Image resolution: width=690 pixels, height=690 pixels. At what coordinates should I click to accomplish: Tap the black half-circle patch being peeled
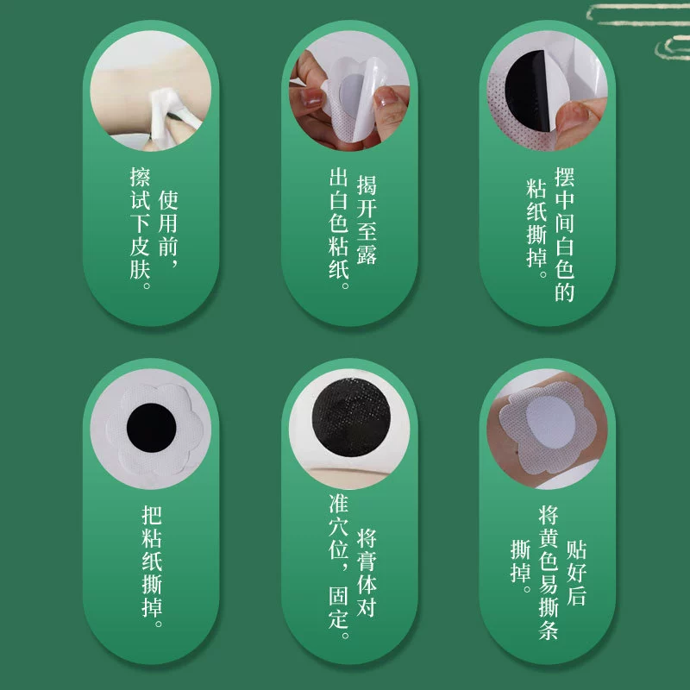[526, 91]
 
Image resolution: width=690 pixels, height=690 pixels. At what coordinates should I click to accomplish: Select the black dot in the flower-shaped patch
[152, 427]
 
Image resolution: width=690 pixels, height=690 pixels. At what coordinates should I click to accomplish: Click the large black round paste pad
[351, 417]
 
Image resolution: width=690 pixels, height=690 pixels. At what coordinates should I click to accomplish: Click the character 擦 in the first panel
[141, 177]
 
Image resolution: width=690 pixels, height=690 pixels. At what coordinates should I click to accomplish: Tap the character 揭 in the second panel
[366, 185]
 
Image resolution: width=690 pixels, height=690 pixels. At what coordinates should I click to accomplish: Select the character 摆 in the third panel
[565, 177]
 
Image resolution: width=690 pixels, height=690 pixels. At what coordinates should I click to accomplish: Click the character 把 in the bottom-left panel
[152, 515]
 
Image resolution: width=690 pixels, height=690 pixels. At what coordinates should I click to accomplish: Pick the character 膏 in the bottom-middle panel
[366, 561]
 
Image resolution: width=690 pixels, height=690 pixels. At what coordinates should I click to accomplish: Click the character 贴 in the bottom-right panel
[576, 549]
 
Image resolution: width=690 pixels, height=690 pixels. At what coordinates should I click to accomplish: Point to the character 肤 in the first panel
[141, 269]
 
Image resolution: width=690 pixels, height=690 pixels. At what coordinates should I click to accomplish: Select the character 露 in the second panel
[366, 254]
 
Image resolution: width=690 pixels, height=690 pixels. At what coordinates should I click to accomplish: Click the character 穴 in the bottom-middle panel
[339, 527]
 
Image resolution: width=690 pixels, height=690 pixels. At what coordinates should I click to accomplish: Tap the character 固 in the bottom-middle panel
[339, 596]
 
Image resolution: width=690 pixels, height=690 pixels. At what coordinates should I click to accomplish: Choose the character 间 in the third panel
[565, 223]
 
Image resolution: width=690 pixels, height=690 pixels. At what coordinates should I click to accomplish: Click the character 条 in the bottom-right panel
[549, 630]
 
